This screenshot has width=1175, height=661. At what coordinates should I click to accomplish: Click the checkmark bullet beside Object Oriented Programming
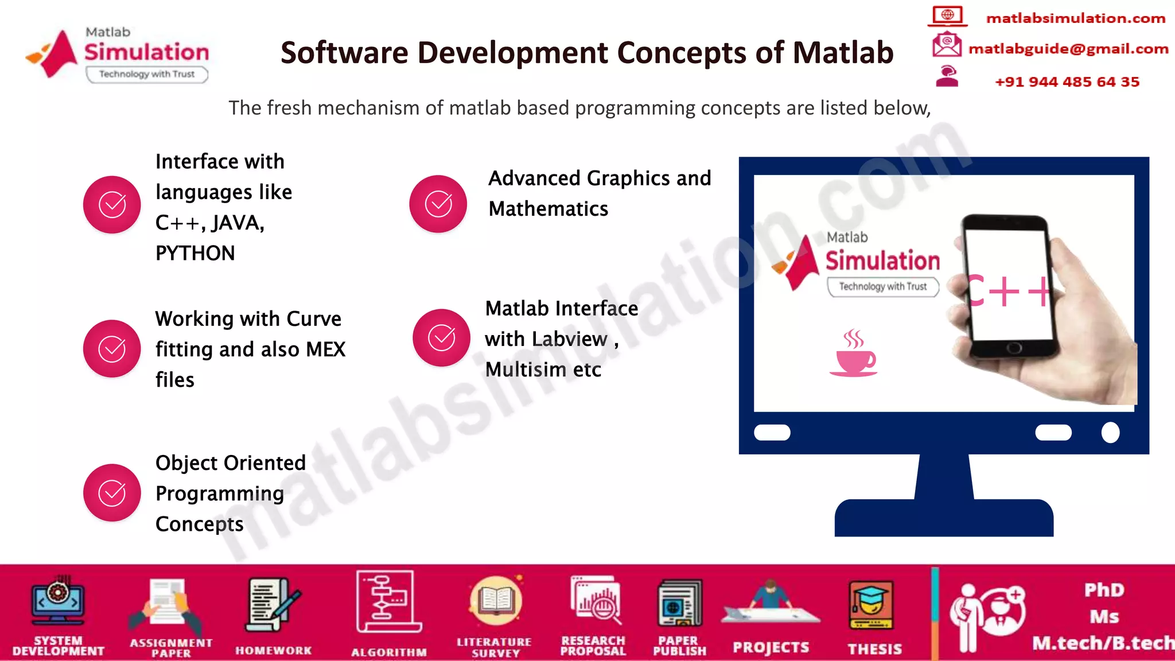[112, 492]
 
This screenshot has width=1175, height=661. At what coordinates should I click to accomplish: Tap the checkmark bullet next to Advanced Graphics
[438, 204]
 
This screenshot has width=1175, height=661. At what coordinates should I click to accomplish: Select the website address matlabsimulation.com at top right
[1075, 18]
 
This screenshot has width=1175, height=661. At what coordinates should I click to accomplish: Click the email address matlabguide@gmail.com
[1068, 49]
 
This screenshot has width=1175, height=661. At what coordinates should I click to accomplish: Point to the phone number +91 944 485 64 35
[1067, 82]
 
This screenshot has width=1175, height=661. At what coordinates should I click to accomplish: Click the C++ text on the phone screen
[1007, 291]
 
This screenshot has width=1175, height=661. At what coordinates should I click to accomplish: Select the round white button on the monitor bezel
[1110, 432]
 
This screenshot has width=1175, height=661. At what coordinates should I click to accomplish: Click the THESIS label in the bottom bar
[874, 649]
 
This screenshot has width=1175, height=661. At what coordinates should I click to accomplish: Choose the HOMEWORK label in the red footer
[273, 651]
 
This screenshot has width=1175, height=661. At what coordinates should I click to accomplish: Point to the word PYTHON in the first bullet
[195, 253]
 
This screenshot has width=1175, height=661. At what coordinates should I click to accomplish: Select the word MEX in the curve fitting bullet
[325, 349]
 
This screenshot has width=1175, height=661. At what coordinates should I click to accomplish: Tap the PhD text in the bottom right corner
[1104, 590]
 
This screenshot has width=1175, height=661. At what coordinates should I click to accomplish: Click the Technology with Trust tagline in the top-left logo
[147, 74]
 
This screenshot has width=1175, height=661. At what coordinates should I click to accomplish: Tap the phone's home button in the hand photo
[1014, 347]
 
